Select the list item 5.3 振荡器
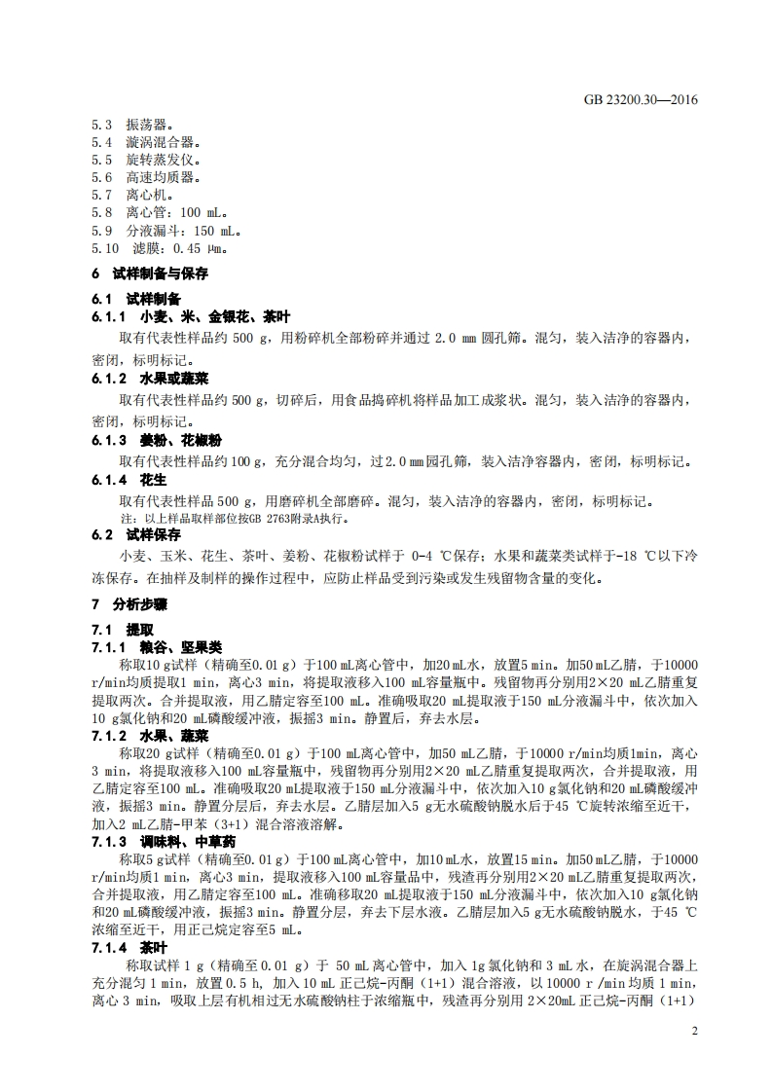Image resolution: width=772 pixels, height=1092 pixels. [132, 126]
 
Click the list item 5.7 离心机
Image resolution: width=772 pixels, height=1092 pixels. [132, 195]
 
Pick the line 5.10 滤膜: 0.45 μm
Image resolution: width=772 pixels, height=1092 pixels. [160, 248]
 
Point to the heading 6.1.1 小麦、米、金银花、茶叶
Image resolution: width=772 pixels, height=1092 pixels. [191, 318]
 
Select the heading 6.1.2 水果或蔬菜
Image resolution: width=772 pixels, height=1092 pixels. [151, 378]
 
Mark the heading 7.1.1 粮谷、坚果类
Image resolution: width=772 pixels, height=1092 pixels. [157, 647]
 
